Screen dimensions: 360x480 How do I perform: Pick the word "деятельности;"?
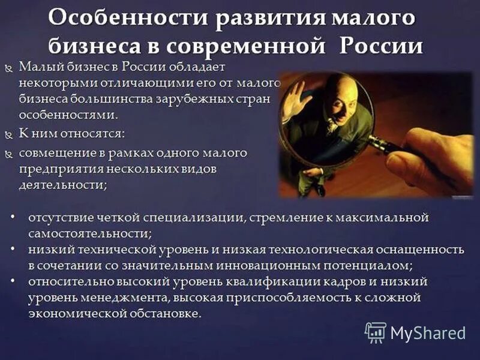coord(63,185)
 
